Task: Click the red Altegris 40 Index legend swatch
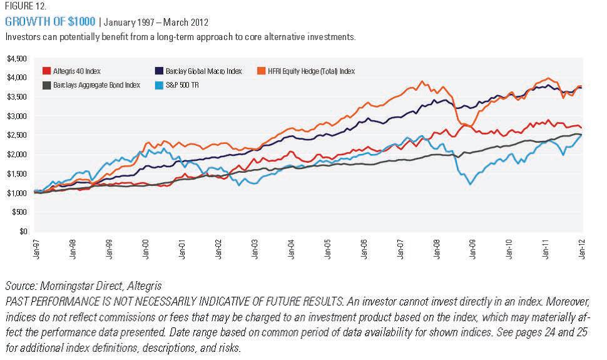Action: (x=46, y=71)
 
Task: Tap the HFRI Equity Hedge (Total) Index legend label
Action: (x=320, y=71)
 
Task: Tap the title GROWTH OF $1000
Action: (x=50, y=22)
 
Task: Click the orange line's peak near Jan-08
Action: (x=423, y=81)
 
